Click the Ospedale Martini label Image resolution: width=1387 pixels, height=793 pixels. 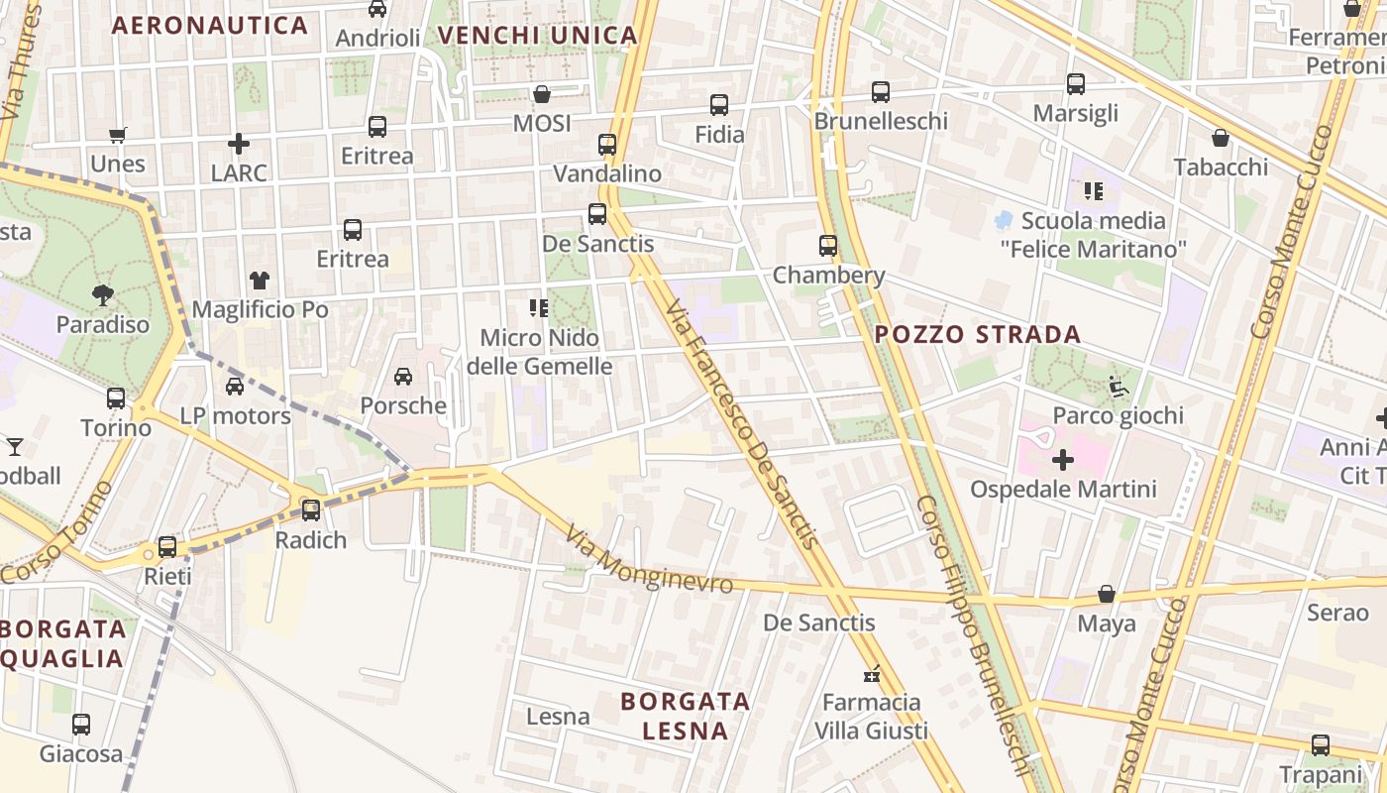coord(1063,489)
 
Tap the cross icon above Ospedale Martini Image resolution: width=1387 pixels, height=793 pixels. coord(1063,460)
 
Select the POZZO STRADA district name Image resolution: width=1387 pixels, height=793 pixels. coord(978,334)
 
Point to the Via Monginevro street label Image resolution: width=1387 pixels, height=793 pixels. coord(650,562)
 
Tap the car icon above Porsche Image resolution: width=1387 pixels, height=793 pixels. coord(403,377)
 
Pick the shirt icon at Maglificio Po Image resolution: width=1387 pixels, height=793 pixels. coord(260,281)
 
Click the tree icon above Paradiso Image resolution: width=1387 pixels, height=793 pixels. coord(102,294)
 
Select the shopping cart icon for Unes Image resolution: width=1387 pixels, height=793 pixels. coord(118,135)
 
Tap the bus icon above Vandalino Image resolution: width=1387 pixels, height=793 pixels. coord(607,145)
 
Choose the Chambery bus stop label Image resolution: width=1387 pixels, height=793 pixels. coord(828,275)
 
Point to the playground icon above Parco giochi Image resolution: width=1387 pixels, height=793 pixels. coord(1119,386)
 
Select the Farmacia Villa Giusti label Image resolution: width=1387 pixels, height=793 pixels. coord(871,716)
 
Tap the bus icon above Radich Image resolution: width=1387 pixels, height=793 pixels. coord(311,510)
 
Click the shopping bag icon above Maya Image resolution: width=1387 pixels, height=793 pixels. coord(1107,595)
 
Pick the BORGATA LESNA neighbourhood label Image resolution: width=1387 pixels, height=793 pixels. coord(685,716)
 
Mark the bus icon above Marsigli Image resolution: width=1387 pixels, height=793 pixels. coord(1076,84)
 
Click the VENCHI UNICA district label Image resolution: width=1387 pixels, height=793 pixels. coord(537,36)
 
